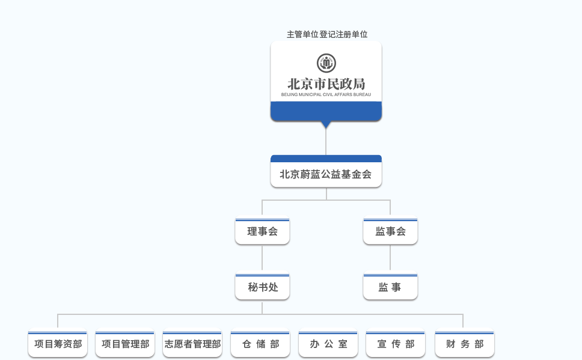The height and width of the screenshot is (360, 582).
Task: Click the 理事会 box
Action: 262,231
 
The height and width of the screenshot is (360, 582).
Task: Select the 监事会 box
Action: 390,231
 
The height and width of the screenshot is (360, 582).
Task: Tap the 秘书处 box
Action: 262,287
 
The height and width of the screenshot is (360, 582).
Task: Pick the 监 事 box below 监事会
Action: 390,287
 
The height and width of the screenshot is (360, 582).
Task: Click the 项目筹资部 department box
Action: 58,344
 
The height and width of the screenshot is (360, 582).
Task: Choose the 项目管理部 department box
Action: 125,344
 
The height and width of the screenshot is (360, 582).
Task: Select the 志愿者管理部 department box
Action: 192,344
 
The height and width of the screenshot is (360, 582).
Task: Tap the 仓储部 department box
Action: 260,344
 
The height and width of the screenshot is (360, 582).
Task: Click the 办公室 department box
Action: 328,344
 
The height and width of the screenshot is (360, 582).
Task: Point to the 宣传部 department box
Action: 396,344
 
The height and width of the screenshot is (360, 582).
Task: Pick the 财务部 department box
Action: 465,344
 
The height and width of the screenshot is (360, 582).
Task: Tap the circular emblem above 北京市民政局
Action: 326,63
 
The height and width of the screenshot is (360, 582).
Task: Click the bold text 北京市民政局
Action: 326,84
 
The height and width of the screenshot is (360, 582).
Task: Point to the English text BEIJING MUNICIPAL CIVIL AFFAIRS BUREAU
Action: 326,94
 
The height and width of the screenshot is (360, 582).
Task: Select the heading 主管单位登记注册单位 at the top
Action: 327,34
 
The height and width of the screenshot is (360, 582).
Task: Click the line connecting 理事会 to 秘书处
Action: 262,258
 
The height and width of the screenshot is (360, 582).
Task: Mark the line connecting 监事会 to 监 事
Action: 390,258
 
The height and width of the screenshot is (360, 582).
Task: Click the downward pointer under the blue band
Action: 326,124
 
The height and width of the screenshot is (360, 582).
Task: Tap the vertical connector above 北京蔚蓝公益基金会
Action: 326,142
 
